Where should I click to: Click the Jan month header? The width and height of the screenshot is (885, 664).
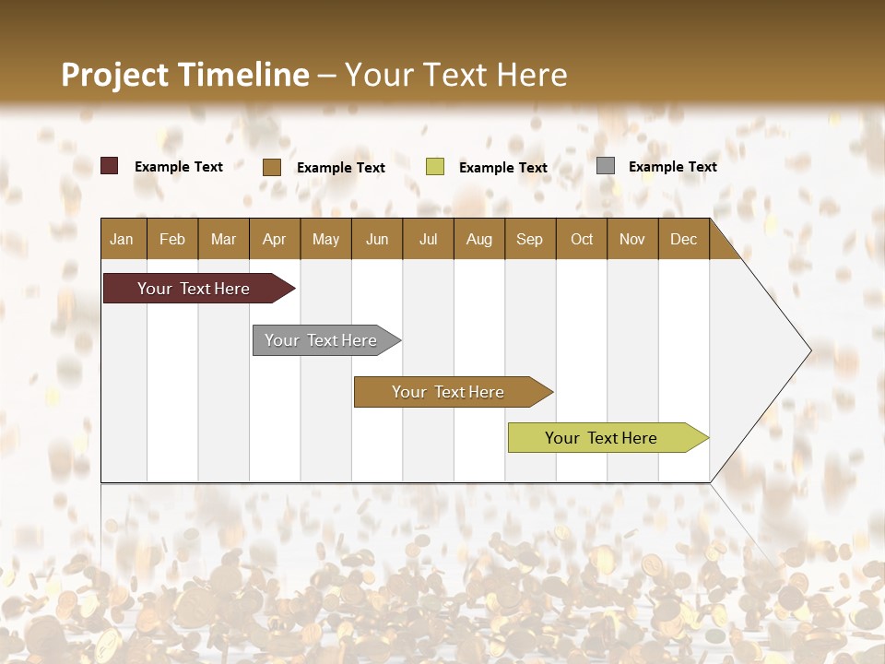tap(123, 239)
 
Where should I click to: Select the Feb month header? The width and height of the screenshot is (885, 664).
tap(172, 239)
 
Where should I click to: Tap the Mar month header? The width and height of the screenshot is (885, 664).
tap(223, 239)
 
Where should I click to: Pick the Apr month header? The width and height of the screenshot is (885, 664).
tap(275, 239)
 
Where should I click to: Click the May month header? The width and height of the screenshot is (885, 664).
tap(325, 239)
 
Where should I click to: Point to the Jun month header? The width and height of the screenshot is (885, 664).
tap(377, 239)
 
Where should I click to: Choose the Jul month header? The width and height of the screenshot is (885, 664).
tap(428, 239)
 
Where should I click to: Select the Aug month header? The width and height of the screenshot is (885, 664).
tap(479, 239)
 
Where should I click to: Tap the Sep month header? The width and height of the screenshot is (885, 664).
tap(530, 239)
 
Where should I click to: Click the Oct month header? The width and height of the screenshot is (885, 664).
tap(582, 239)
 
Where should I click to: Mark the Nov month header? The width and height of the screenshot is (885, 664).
tap(632, 239)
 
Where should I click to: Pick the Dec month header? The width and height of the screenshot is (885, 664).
tap(684, 239)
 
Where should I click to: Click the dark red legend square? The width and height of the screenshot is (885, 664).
tap(110, 166)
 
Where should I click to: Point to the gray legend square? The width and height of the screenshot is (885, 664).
tap(606, 166)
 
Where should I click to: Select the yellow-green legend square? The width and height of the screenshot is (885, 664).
tap(435, 167)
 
